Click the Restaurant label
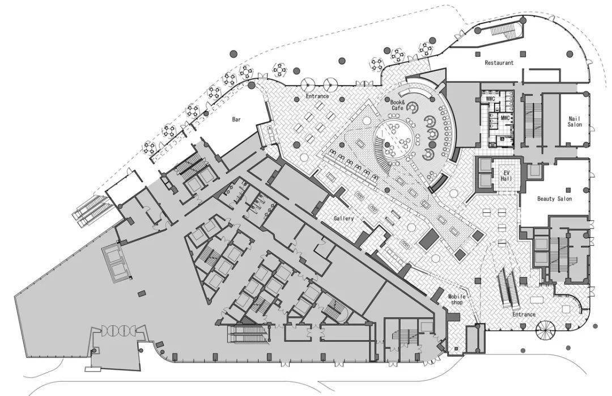click(499, 62)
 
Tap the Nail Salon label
click(575, 121)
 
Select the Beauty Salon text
click(554, 199)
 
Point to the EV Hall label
click(506, 175)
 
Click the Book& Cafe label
click(397, 105)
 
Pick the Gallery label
click(343, 218)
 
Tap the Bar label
click(236, 119)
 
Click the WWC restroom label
click(490, 99)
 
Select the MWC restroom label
click(505, 117)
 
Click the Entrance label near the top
click(317, 96)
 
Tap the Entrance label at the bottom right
click(524, 314)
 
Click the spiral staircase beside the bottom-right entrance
click(545, 330)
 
